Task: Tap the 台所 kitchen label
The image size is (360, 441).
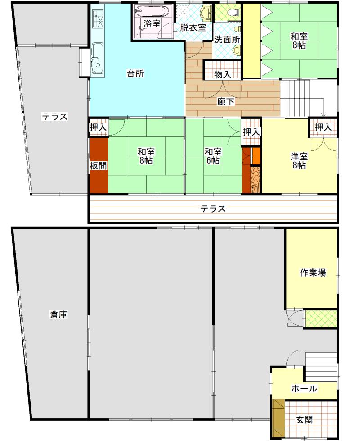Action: click(x=135, y=74)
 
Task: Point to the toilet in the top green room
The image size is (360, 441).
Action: click(x=234, y=12)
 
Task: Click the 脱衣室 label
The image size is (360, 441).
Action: click(x=193, y=27)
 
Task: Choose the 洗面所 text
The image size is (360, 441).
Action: click(x=227, y=40)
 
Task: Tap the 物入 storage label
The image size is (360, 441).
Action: click(x=223, y=74)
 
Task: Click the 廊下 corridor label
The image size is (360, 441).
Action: click(x=225, y=101)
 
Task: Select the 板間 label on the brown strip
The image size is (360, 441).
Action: click(x=99, y=166)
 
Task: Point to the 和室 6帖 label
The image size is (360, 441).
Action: click(x=213, y=156)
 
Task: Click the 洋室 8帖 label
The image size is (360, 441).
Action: click(x=299, y=161)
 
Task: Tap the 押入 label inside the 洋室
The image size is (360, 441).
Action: click(x=323, y=127)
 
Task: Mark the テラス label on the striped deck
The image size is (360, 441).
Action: click(x=213, y=209)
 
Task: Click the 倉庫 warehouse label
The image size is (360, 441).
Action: click(x=58, y=314)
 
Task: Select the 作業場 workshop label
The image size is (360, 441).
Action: click(x=313, y=272)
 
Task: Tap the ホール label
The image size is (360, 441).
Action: click(x=304, y=389)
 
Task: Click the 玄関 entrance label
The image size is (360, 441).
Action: click(x=305, y=420)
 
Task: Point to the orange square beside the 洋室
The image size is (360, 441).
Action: click(x=256, y=156)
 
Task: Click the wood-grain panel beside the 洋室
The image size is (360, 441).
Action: click(x=256, y=179)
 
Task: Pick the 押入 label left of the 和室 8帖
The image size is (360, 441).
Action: click(x=99, y=127)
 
